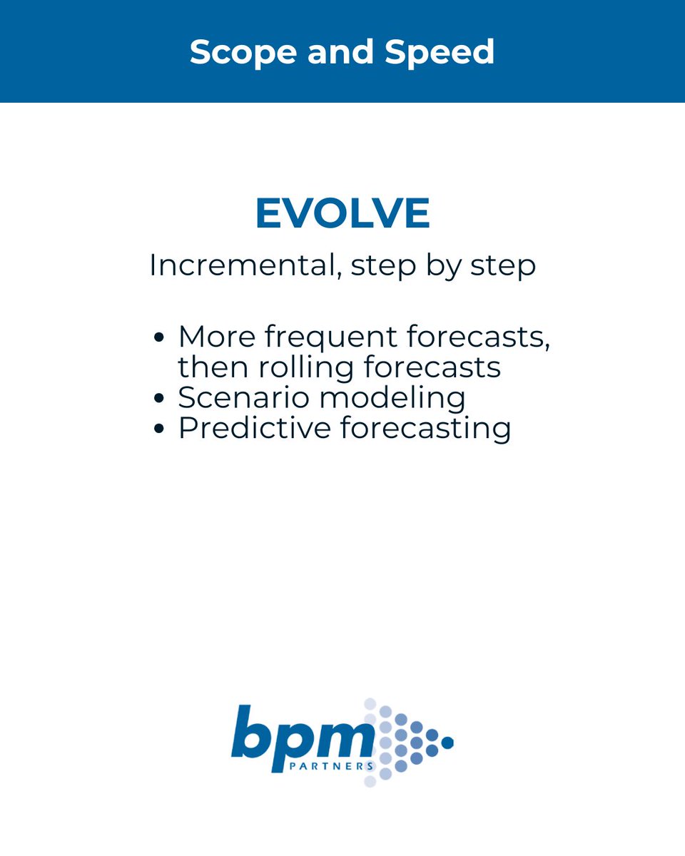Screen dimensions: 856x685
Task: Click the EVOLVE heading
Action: (x=342, y=213)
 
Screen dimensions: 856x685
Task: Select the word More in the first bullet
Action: (x=213, y=337)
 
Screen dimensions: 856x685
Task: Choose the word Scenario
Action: (x=243, y=398)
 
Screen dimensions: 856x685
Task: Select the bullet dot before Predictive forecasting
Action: (x=159, y=429)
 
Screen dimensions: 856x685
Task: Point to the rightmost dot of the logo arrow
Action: (x=448, y=743)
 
